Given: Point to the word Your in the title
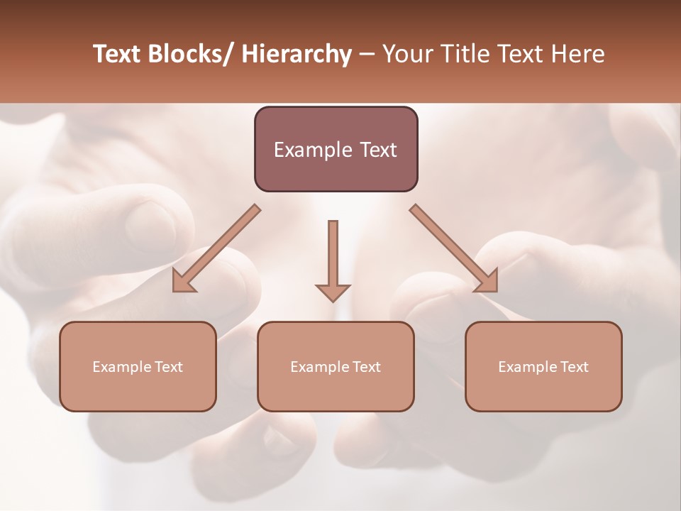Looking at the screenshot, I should (406, 54).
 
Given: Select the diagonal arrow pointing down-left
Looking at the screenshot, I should (216, 248).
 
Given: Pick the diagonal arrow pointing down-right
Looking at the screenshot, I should (454, 248).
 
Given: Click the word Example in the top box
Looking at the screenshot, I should (313, 150).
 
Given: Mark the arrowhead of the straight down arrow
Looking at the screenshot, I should (333, 292).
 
